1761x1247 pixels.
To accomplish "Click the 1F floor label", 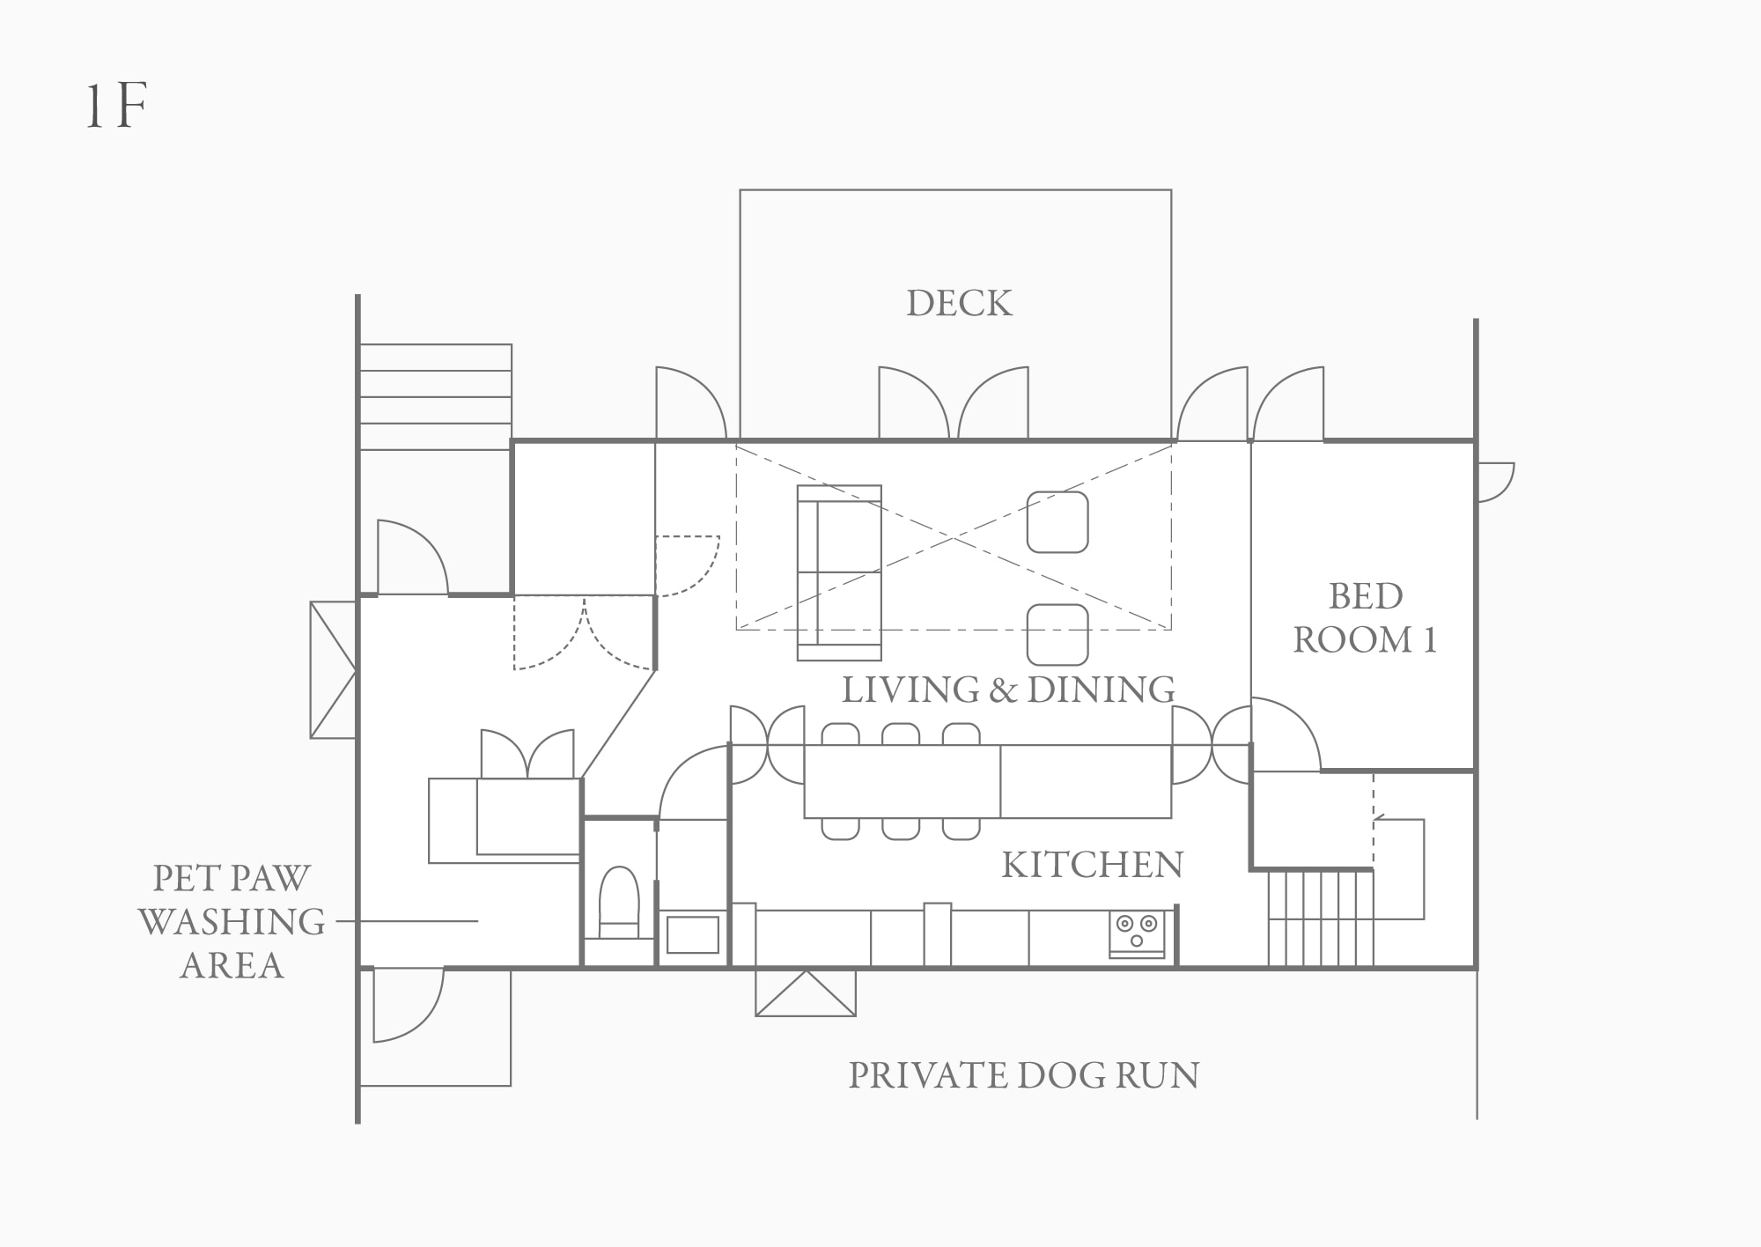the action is (x=115, y=107).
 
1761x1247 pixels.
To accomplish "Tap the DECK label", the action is (x=960, y=303).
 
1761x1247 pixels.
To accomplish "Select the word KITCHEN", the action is (x=1093, y=865).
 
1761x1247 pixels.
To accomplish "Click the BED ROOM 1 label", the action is (x=1365, y=618).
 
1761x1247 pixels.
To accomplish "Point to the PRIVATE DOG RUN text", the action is (x=1023, y=1075).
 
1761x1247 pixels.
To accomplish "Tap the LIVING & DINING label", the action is (x=1008, y=690).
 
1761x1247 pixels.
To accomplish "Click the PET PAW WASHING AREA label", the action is (x=232, y=921).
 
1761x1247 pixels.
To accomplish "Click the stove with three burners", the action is (x=1137, y=933).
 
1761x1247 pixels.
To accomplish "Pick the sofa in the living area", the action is (x=839, y=572).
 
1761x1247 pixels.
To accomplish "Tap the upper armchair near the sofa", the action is (x=1057, y=522).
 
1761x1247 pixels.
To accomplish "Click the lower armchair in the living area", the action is (x=1057, y=634).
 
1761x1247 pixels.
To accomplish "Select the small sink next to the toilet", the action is (x=693, y=934).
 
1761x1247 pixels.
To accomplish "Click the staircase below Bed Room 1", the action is (x=1321, y=918).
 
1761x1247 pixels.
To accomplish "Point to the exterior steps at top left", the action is (x=436, y=396).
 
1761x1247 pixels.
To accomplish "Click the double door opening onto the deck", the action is (x=954, y=403).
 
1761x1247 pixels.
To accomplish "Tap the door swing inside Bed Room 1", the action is (x=1286, y=734).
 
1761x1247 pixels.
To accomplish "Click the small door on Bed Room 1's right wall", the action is (x=1495, y=483).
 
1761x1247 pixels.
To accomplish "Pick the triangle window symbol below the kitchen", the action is (x=806, y=992).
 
